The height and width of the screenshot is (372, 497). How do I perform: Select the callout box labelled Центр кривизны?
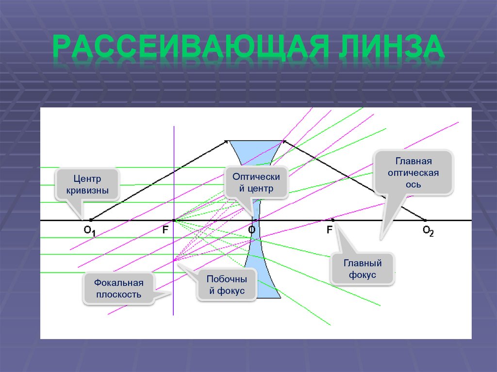(87, 185)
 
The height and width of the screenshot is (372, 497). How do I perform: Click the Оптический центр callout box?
(256, 182)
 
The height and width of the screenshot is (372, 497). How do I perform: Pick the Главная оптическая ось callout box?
(414, 173)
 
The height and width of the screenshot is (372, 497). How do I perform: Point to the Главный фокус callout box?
(363, 270)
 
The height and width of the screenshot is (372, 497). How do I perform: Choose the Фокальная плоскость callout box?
(118, 289)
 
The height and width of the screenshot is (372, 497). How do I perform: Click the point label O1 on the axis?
(90, 231)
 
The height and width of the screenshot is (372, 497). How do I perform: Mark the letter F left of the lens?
(166, 230)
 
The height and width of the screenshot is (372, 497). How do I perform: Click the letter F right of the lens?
(329, 230)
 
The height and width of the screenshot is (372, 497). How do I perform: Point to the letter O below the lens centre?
(252, 230)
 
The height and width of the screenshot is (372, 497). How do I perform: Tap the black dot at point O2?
(426, 220)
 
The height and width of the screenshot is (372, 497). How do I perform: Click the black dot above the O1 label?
(91, 220)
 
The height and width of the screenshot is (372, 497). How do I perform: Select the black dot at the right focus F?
(333, 220)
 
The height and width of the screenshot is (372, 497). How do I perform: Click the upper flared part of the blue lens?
(256, 150)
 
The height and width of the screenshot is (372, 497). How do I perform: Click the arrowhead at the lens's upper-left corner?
(226, 141)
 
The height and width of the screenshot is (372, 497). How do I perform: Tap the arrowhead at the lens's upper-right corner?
(284, 141)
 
